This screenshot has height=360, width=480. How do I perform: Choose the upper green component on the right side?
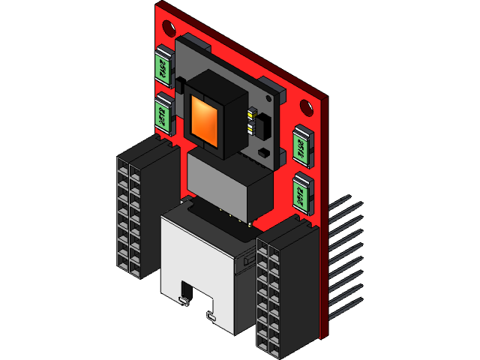point(301,145)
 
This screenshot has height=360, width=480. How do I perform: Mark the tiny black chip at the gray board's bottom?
point(264,154)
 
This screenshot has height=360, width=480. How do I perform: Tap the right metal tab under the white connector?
point(212,317)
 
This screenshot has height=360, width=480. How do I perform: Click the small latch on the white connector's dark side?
point(247,259)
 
